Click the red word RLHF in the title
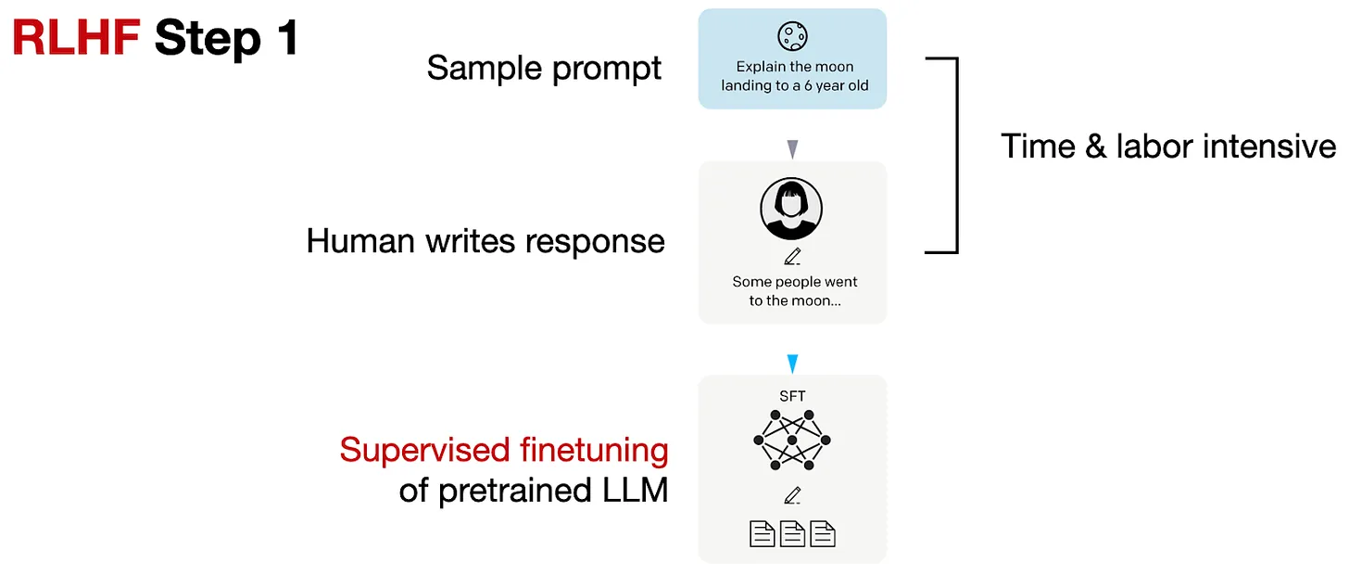[75, 39]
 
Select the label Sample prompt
[544, 69]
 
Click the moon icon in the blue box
[792, 36]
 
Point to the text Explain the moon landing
[794, 76]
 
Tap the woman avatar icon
[791, 209]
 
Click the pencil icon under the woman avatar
[791, 257]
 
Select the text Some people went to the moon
[794, 290]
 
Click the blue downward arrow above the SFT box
[792, 364]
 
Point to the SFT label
[792, 396]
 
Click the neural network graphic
[792, 439]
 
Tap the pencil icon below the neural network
[791, 496]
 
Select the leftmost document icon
[762, 533]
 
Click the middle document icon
[792, 533]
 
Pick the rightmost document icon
[823, 533]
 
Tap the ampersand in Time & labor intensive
[1096, 147]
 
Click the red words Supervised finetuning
[503, 450]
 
